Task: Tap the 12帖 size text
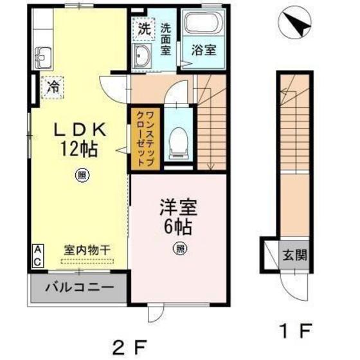pos(79,150)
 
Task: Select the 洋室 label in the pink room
pos(177,208)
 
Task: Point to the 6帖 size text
pos(177,227)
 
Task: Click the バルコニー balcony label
pos(78,289)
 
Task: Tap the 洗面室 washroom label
pos(166,40)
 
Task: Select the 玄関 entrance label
pos(294,253)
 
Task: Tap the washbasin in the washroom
pos(142,56)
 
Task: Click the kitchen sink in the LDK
pos(42,60)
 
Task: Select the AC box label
pos(38,255)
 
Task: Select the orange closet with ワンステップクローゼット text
pos(145,138)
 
